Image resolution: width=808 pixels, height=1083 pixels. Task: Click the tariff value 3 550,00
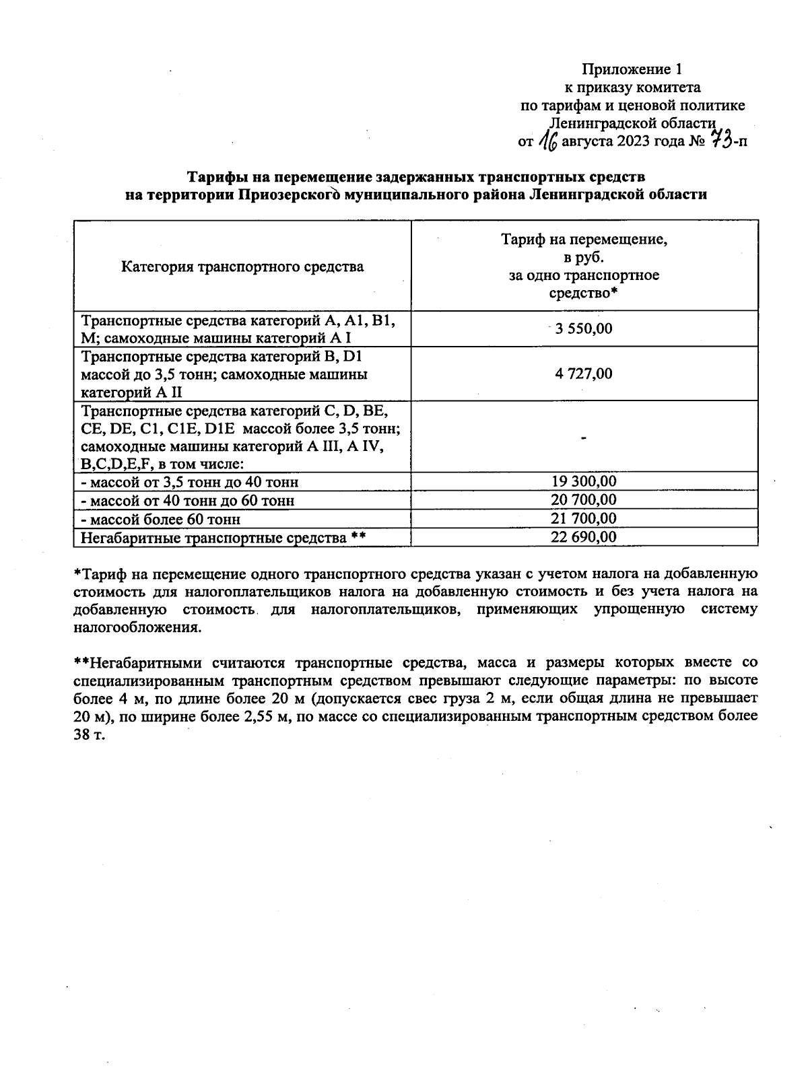tap(583, 328)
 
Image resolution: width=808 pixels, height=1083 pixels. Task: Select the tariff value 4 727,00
tap(584, 374)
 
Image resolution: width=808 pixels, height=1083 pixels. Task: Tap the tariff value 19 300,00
tap(584, 481)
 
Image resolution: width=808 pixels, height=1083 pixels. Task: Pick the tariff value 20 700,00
tap(584, 499)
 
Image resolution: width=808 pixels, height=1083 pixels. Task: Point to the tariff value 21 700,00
tap(584, 518)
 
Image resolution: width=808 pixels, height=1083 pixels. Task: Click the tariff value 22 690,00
tap(584, 536)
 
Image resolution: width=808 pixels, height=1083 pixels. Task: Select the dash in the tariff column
tap(584, 438)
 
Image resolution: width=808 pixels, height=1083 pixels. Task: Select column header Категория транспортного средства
tap(242, 267)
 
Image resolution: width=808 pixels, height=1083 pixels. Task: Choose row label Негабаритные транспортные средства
tap(214, 537)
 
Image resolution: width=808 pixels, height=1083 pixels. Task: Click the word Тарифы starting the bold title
tap(211, 177)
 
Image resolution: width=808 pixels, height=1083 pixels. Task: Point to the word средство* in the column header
tap(583, 293)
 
